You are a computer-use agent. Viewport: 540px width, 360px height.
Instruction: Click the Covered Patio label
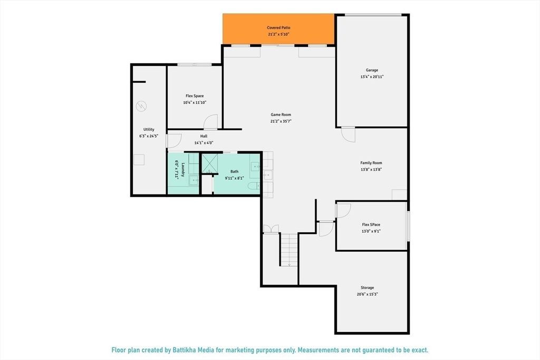coord(278,27)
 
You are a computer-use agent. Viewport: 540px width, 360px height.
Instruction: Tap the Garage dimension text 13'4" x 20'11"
coord(372,77)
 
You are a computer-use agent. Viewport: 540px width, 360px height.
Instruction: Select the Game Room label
coord(281,114)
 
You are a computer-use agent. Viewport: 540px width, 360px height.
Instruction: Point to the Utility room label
coord(149,130)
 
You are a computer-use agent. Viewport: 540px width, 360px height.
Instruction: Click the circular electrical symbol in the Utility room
coord(141,106)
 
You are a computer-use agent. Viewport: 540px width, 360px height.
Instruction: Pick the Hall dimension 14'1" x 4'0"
coord(204,142)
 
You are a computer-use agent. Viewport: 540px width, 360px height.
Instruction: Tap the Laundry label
coord(183,170)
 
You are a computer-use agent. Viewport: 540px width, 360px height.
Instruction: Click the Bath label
coord(234,171)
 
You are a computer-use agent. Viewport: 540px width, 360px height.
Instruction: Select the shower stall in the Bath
coord(209,163)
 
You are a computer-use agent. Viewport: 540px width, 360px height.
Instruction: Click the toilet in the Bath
coord(254,186)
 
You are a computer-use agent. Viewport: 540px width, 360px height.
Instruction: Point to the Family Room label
coord(371,163)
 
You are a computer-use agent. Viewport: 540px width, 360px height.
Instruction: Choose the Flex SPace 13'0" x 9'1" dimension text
coord(371,231)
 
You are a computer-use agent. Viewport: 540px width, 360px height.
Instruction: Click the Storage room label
coord(367,287)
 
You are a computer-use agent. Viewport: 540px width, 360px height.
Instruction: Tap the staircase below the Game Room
coord(289,250)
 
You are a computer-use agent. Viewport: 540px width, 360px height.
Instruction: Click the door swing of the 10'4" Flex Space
coord(210,121)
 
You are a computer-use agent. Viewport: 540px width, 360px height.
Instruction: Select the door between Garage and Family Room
coord(348,134)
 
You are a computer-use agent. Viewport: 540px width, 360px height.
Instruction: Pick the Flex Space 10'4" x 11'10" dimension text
coord(195,103)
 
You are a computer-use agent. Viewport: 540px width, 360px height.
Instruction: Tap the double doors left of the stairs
coord(271,229)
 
